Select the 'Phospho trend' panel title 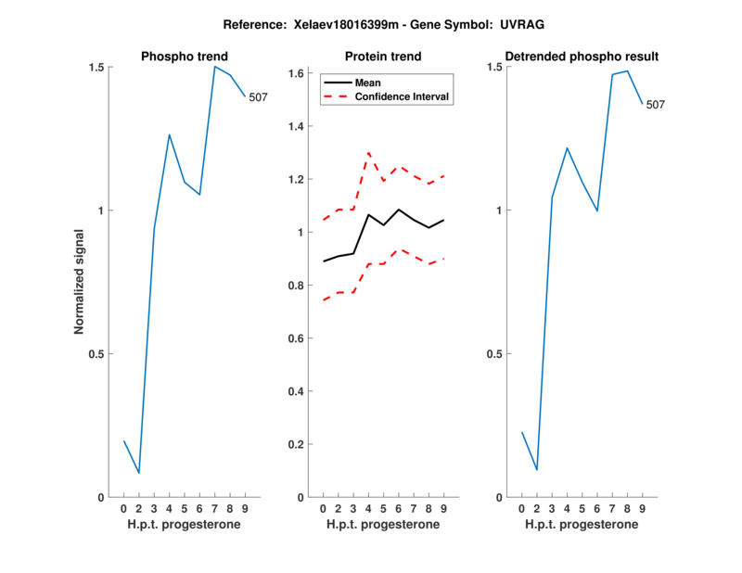click(184, 57)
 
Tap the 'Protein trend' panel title click(383, 57)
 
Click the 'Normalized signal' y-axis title click(80, 282)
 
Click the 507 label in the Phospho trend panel click(258, 96)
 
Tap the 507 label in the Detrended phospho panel click(656, 105)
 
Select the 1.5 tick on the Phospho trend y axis click(97, 68)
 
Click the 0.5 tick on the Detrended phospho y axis click(495, 354)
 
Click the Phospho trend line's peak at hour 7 click(214, 66)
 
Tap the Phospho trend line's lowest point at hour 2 click(139, 473)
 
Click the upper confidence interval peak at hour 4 click(368, 152)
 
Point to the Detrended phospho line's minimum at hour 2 click(537, 469)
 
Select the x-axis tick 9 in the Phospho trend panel click(245, 508)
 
